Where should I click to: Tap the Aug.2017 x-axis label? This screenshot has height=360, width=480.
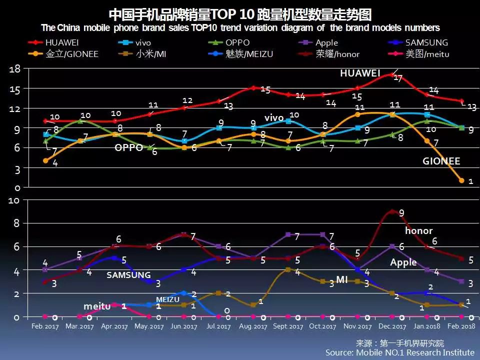(253, 326)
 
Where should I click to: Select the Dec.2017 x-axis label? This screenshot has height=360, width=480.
(392, 326)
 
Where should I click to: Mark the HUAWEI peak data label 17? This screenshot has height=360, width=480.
(398, 78)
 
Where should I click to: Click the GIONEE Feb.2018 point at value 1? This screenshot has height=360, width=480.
(461, 180)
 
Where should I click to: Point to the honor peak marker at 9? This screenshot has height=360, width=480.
(392, 211)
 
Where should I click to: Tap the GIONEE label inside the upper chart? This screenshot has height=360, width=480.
(441, 161)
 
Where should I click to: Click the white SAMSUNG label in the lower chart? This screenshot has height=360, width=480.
(128, 275)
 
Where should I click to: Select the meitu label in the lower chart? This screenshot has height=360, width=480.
(96, 306)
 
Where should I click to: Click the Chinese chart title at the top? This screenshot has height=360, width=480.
(240, 13)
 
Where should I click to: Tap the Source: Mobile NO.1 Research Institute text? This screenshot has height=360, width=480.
(399, 352)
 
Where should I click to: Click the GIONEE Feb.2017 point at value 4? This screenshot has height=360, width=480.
(45, 161)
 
